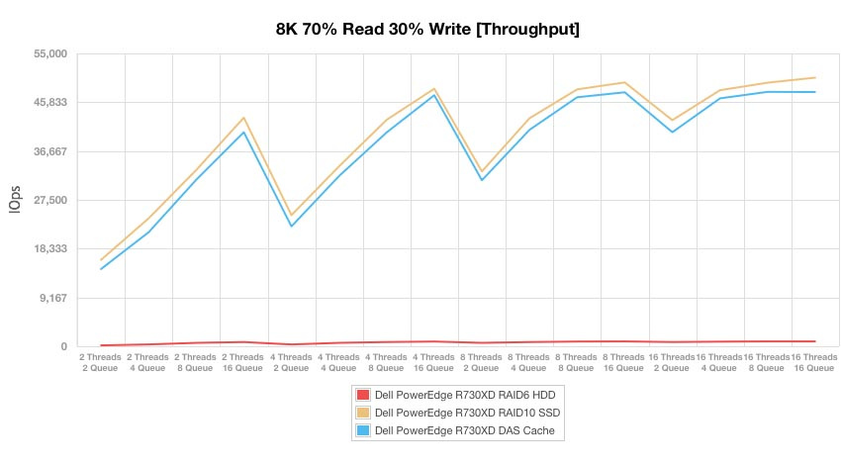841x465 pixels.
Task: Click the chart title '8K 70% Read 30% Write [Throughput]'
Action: click(427, 29)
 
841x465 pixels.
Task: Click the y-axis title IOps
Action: click(15, 201)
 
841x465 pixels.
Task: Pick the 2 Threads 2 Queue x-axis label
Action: click(101, 362)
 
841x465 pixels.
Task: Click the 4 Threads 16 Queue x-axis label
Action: click(433, 362)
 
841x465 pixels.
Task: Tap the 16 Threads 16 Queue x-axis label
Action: click(814, 362)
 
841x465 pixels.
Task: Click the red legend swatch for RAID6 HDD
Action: click(362, 395)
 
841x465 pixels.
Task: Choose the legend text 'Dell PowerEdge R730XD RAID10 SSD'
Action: click(459, 413)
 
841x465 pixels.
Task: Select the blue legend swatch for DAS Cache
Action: click(362, 430)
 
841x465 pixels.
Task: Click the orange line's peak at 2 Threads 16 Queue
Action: click(243, 118)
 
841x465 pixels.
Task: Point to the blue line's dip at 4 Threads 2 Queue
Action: click(292, 227)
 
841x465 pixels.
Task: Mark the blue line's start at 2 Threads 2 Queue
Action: click(101, 269)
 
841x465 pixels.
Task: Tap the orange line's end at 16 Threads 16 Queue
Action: click(814, 77)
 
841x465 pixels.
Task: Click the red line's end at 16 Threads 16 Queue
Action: click(814, 341)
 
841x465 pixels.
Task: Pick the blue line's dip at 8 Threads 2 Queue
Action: click(482, 180)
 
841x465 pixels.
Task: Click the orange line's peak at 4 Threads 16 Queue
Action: click(434, 89)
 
